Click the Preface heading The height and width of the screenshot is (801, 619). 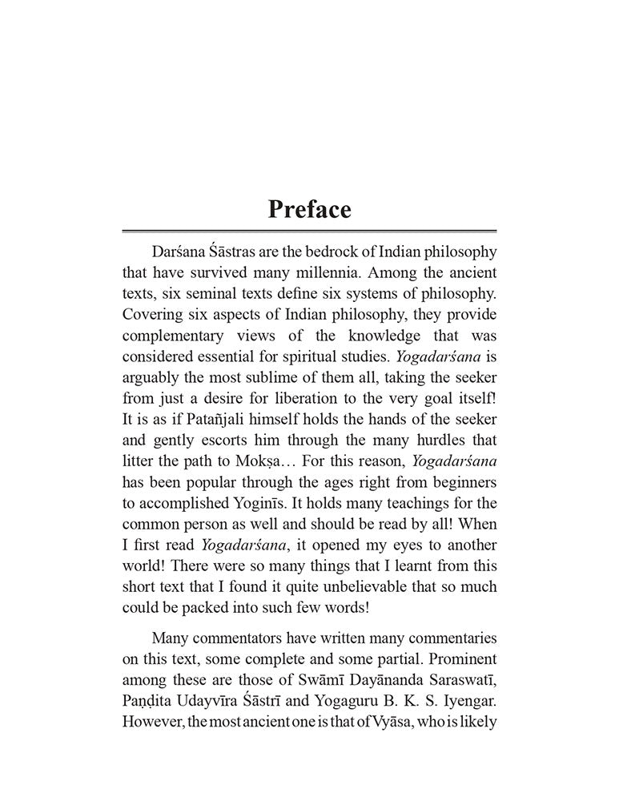(309, 209)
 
